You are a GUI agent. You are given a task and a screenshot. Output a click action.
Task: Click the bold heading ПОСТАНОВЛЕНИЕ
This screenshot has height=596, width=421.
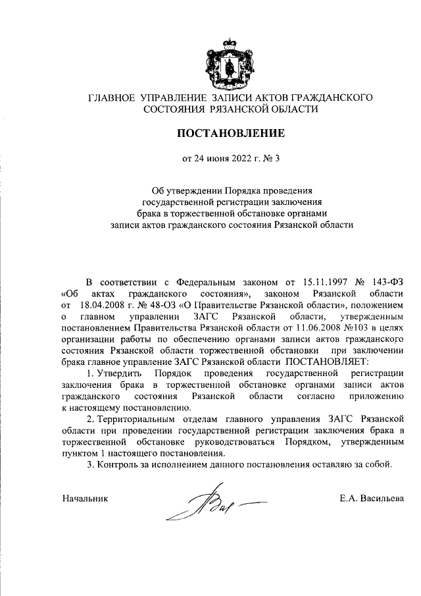click(x=230, y=134)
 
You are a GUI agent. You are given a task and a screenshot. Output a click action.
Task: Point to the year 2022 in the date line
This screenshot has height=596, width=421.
click(x=240, y=158)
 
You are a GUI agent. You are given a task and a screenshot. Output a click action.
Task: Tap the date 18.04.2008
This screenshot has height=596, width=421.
click(x=99, y=306)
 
